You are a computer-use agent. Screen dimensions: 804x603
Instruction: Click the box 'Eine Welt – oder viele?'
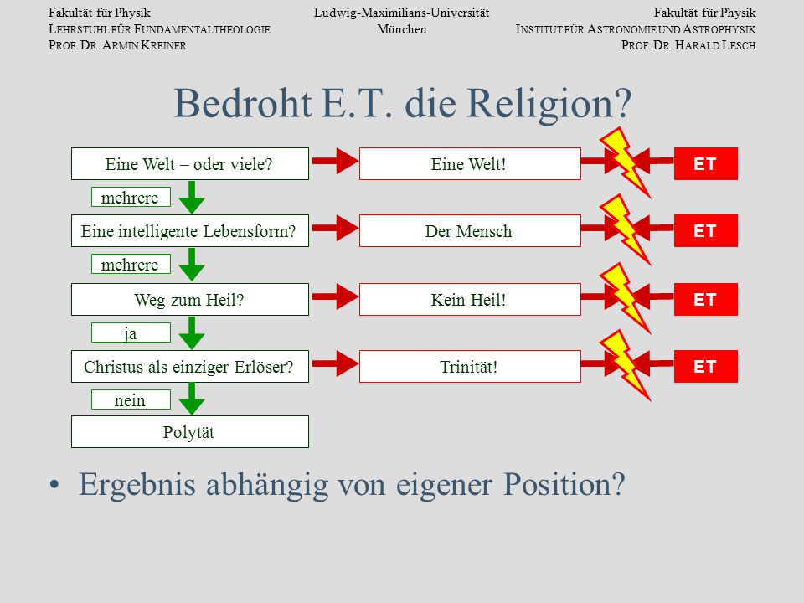tap(190, 163)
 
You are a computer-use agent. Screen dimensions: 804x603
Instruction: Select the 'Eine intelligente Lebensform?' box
tap(190, 231)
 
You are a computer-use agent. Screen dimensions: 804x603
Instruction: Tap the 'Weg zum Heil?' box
tap(190, 300)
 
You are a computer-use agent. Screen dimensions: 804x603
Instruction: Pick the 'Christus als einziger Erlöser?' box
tap(190, 367)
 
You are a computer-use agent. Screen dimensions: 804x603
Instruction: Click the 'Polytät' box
tap(190, 432)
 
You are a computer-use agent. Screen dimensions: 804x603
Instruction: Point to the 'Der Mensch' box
tap(470, 231)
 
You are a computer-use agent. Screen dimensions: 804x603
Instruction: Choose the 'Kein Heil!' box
tap(470, 300)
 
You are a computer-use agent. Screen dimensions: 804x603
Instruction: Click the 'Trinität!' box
tap(470, 367)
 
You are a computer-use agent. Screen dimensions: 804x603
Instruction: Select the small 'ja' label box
tap(131, 332)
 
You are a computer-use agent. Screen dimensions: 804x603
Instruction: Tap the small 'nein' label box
tap(131, 399)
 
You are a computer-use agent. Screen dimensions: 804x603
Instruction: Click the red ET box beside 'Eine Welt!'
tap(705, 163)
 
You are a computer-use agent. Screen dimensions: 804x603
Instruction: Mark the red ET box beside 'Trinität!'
tap(705, 367)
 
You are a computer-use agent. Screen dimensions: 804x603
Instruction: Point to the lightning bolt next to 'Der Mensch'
tap(625, 229)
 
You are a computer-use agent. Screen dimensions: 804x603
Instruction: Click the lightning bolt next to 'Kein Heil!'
tap(625, 298)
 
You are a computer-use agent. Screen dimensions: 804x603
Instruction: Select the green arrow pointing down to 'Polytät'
tap(192, 399)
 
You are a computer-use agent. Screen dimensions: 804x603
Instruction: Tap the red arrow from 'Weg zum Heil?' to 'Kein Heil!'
tap(335, 296)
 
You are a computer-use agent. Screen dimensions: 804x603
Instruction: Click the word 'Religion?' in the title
tap(549, 104)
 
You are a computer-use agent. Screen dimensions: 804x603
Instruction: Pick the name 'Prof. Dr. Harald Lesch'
tap(688, 45)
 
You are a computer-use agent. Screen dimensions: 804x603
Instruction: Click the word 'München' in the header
tap(402, 29)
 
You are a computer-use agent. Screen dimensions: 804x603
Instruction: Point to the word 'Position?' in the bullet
tap(564, 484)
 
